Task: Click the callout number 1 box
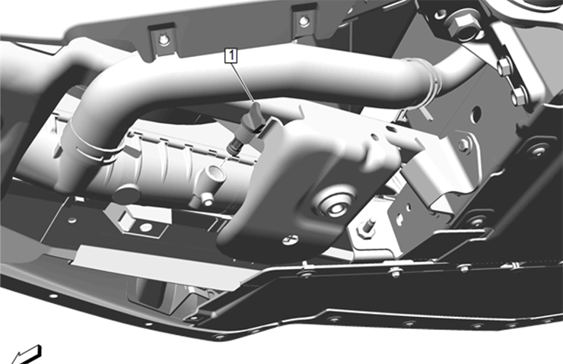229,54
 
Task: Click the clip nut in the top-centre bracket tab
304,20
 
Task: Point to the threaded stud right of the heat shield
371,225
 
